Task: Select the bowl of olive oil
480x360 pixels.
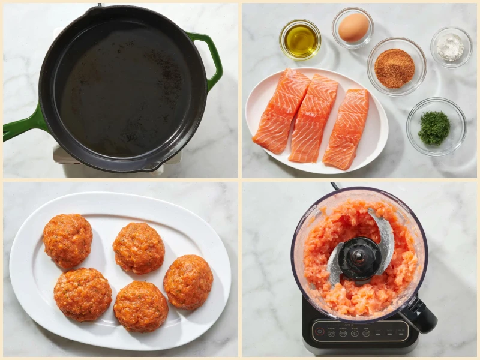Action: click(x=300, y=39)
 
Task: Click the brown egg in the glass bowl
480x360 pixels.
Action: click(x=353, y=28)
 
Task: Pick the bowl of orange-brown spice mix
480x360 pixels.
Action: click(x=395, y=67)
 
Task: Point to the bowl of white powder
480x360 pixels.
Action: click(x=451, y=47)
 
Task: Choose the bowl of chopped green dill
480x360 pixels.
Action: click(x=434, y=127)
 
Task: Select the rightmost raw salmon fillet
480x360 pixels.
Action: click(x=346, y=128)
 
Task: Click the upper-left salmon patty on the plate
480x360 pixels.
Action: click(x=68, y=240)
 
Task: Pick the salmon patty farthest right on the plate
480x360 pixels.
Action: click(x=188, y=281)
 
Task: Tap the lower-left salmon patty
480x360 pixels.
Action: click(x=82, y=294)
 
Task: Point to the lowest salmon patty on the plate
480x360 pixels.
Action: click(x=140, y=306)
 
